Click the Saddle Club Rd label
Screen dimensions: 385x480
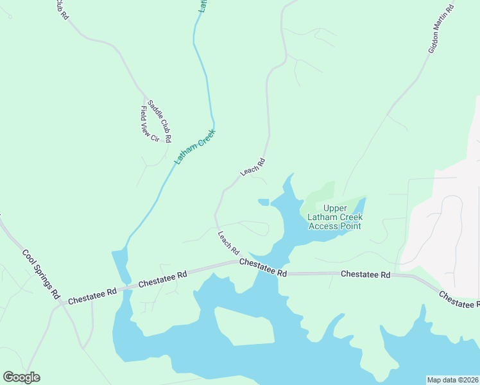(x=160, y=121)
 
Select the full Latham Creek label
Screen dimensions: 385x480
(x=196, y=147)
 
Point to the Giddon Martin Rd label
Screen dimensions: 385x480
(x=441, y=28)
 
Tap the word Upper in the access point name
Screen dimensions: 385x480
(x=334, y=208)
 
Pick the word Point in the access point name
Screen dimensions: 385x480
(x=350, y=226)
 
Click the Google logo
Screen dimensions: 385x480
(x=21, y=377)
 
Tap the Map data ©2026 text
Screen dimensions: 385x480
(x=452, y=380)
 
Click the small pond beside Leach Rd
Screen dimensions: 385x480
(x=264, y=202)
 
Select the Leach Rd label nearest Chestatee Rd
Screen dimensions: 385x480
(x=228, y=242)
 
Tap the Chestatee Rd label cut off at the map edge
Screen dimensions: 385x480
(x=459, y=298)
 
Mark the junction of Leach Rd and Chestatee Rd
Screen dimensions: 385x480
(x=235, y=262)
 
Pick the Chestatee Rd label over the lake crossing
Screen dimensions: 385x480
(x=263, y=268)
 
